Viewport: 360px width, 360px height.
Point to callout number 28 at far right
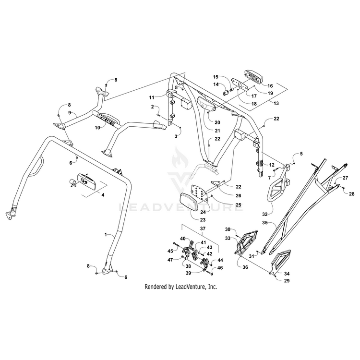[x=351, y=194]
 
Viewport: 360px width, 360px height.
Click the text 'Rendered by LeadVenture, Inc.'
[x=181, y=287]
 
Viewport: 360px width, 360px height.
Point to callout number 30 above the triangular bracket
[x=228, y=229]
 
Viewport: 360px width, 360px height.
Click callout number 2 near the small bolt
[x=152, y=107]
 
